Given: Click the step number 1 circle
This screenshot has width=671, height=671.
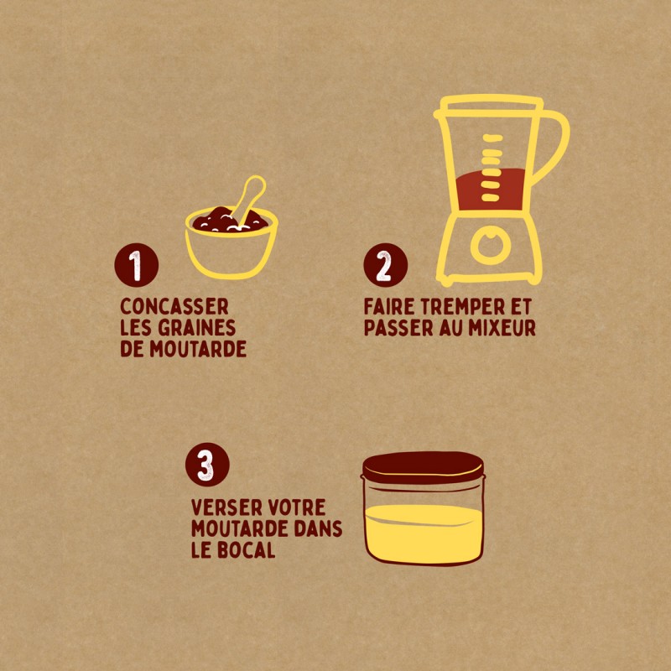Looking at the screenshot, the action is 137,265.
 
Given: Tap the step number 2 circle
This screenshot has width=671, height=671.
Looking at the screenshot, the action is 386,265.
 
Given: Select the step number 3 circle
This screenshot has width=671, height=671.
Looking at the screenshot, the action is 207,465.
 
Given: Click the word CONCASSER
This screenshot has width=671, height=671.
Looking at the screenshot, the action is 174,306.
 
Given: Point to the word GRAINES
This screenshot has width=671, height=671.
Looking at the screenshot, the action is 197,328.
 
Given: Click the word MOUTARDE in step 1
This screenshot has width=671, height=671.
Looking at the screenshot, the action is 198,349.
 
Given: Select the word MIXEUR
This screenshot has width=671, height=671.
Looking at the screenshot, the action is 502,328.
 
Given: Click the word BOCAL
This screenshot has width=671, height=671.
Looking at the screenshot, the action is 247,550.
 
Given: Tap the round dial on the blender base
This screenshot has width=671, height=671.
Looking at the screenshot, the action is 491,245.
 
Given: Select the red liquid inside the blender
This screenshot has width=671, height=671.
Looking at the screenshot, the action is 491,190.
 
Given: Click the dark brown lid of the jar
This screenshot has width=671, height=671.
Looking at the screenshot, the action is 424,467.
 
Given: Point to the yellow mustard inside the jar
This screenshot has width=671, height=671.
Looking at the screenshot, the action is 424,533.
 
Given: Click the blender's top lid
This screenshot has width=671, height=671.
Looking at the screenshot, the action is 491,105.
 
